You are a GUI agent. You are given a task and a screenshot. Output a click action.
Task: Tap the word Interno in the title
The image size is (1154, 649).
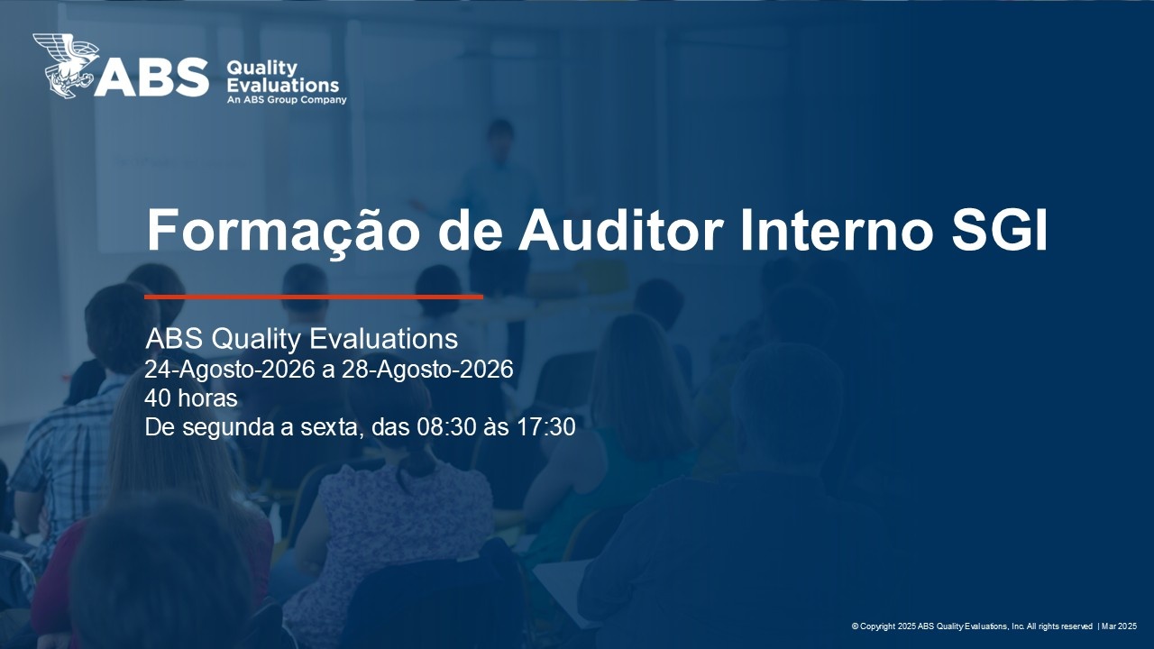click(x=836, y=230)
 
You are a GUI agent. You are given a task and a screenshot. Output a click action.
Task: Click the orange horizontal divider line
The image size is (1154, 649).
click(x=314, y=297)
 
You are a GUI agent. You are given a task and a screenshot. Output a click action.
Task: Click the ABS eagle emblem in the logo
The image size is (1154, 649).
click(x=66, y=66)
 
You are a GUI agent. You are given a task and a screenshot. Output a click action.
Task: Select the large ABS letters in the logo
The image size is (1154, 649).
click(x=151, y=78)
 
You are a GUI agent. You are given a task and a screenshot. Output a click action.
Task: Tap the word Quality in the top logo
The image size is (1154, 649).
click(x=262, y=68)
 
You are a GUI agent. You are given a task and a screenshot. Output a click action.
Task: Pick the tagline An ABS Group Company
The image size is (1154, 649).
click(x=287, y=99)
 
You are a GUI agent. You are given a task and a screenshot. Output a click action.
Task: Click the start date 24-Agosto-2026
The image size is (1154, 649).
click(x=230, y=369)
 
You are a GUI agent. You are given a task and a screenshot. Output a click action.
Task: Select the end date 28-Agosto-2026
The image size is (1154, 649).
click(x=427, y=369)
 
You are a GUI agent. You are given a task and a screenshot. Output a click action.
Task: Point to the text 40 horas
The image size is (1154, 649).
click(x=191, y=398)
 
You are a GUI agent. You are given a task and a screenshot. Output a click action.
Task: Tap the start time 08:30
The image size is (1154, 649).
click(x=446, y=427)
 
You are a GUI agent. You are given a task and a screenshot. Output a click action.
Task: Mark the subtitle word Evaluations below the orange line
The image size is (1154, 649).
click(x=384, y=339)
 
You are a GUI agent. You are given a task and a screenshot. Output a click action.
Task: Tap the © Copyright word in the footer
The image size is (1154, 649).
click(x=874, y=626)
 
